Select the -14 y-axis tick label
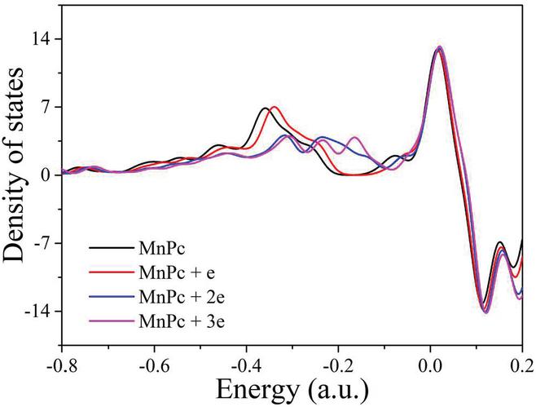tap(41, 312)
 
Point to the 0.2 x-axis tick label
tap(521, 361)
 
